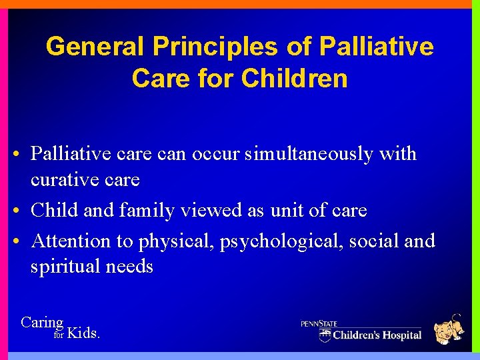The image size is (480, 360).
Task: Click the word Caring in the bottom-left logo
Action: [x=42, y=323]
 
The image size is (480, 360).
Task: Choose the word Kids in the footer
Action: [x=84, y=333]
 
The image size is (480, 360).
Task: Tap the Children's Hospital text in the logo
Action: [x=377, y=335]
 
